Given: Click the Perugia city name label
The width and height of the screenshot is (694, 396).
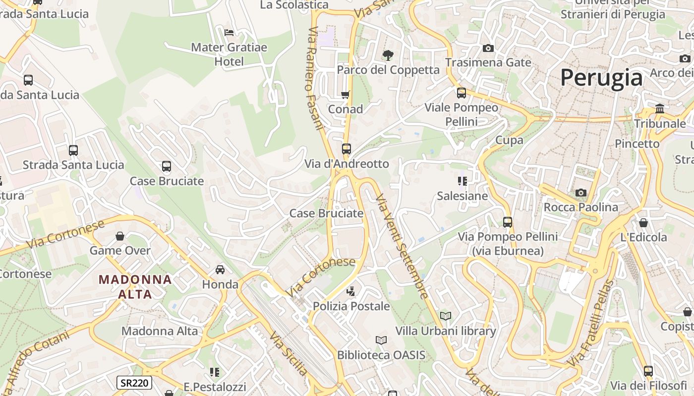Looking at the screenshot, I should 601,78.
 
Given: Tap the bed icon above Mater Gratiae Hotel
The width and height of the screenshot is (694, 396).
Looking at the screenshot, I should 229,33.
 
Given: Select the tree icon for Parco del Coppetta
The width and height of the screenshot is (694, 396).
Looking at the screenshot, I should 388,55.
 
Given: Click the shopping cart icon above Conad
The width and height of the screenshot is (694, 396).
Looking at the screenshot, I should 345,95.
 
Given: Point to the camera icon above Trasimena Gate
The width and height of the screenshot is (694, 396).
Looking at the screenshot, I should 488,48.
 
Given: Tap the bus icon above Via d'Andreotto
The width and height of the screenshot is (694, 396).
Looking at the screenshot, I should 346,148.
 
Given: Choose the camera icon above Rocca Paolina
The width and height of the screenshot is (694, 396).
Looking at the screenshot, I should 580,193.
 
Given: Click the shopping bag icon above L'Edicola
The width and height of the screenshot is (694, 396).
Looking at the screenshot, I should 643,223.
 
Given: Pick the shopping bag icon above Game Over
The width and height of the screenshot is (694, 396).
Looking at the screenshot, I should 119,236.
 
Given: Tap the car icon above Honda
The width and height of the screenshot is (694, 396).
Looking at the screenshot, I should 220,270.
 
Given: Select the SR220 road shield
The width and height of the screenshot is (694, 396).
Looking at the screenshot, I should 134,382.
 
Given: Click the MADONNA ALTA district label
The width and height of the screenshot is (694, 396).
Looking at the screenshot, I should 135,287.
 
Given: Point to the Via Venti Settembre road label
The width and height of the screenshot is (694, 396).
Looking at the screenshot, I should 402,247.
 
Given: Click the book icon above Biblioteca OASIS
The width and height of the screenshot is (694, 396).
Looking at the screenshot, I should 381,340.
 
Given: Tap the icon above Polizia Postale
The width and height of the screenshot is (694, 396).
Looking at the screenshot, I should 351,291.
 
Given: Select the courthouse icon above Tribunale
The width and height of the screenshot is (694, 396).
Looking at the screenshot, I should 660,108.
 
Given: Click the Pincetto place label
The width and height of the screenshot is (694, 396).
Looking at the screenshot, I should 637,144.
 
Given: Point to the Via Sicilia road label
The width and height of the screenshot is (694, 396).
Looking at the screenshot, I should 289,353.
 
